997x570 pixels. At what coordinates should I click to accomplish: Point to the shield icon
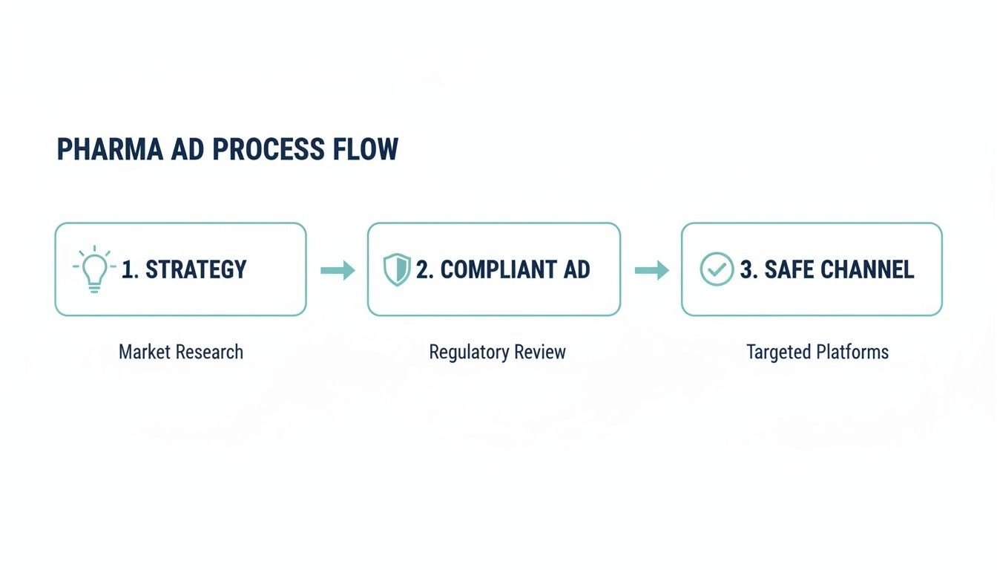point(397,269)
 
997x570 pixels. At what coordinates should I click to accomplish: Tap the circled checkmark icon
point(717,269)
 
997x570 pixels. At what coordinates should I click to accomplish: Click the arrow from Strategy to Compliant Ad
point(338,270)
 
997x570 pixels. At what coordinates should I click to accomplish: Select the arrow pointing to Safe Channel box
point(651,270)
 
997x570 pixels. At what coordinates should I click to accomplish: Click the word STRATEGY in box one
point(196,269)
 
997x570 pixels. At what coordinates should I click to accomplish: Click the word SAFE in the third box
point(786,269)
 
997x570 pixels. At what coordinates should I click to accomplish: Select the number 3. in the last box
point(748,269)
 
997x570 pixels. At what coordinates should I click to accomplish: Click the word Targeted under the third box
point(778,352)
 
